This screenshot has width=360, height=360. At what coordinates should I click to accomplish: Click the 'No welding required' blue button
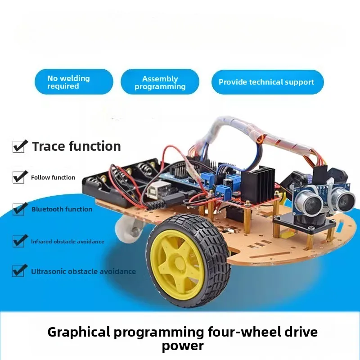click(x=73, y=82)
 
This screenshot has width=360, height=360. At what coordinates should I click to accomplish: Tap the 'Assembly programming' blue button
click(x=160, y=82)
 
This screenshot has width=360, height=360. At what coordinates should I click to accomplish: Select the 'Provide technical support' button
click(x=267, y=82)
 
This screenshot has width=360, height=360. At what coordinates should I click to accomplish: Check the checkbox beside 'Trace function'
click(x=18, y=146)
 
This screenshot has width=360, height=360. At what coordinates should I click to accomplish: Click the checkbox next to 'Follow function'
click(x=18, y=177)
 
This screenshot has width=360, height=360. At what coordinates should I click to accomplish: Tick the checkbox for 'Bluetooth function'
click(x=18, y=209)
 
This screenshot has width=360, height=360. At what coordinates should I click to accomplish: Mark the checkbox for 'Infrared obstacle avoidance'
click(x=18, y=241)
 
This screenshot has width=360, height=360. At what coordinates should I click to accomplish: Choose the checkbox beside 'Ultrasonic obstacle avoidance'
click(x=18, y=271)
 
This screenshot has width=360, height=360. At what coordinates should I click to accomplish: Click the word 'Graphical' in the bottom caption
click(x=79, y=333)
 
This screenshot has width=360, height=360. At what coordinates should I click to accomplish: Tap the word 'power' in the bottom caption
click(x=183, y=346)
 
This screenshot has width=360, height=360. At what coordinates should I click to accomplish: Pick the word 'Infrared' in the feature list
click(x=41, y=242)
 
